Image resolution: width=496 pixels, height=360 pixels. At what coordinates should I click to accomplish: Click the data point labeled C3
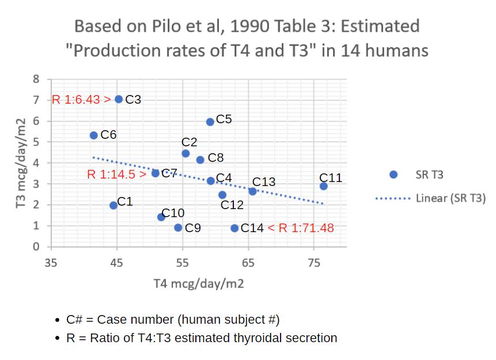(119, 99)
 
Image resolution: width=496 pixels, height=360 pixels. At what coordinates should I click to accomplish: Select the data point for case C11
(324, 186)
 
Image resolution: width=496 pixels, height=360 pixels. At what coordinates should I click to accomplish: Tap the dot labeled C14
(234, 228)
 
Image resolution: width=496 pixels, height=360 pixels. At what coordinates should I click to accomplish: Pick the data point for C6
(94, 135)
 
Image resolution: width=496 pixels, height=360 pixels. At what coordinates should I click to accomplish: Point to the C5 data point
(210, 122)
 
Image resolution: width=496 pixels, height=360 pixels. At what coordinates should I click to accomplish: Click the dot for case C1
(113, 206)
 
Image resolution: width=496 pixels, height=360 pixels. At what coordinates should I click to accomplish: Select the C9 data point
(178, 228)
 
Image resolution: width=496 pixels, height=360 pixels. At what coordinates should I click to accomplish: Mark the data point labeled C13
(252, 191)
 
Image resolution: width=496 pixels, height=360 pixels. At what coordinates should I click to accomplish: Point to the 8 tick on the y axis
(36, 79)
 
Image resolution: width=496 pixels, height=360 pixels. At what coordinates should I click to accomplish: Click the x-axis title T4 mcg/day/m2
(198, 283)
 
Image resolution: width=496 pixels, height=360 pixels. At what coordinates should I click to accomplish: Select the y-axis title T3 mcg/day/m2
(21, 163)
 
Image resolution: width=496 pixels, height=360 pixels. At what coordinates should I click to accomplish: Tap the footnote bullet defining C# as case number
(173, 320)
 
